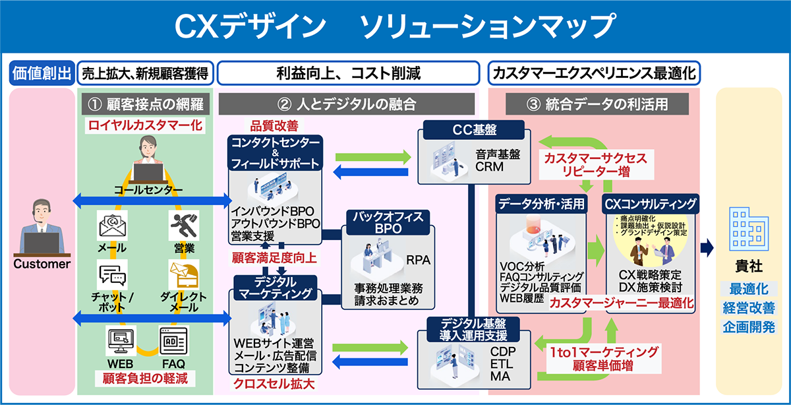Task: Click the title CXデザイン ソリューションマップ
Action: (x=395, y=26)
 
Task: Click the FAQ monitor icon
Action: (x=173, y=341)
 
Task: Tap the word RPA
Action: (x=418, y=260)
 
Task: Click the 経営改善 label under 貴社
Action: (x=748, y=307)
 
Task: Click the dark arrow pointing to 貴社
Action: (x=707, y=248)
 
